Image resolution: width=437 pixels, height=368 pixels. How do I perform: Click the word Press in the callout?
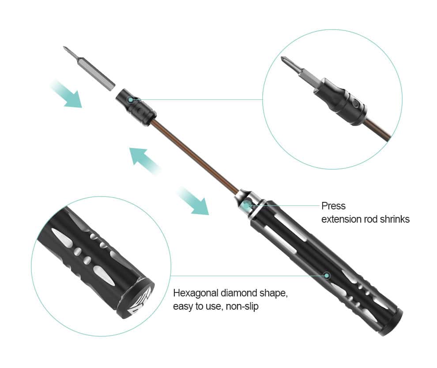[333, 206]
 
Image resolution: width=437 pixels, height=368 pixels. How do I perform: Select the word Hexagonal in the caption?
[196, 293]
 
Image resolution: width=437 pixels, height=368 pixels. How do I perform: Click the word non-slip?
[242, 306]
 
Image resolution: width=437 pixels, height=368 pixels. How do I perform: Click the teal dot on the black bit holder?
[130, 99]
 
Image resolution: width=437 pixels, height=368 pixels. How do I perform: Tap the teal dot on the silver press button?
[246, 205]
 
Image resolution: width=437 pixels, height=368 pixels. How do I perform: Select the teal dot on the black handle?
[327, 276]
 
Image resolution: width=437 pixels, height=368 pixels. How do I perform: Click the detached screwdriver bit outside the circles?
[88, 68]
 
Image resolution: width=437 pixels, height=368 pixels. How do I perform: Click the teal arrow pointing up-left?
[144, 161]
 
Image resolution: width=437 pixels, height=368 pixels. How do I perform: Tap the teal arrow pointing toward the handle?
[194, 201]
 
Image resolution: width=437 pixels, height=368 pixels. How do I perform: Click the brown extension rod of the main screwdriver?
[195, 157]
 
